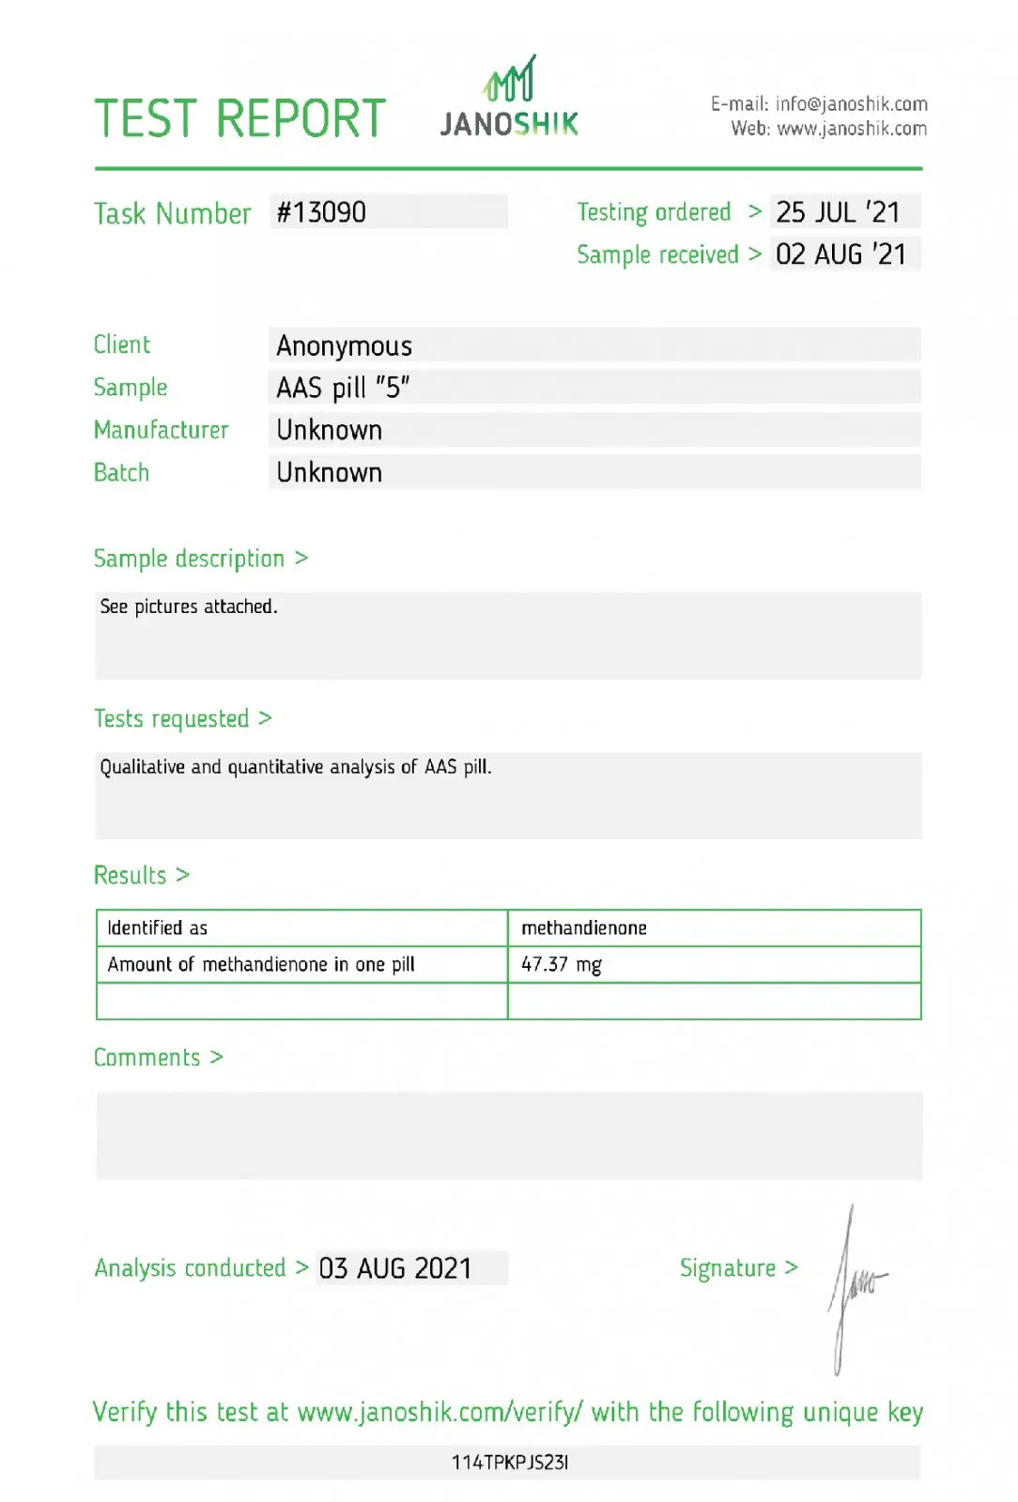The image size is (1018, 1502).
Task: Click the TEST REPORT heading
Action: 240,119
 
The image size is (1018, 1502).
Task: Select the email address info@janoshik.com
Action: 851,103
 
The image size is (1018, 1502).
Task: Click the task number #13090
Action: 321,212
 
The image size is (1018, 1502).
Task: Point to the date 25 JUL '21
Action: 838,212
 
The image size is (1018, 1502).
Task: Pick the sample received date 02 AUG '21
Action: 841,254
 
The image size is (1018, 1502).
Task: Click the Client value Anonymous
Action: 344,346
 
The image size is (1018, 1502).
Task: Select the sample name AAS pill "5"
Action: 343,388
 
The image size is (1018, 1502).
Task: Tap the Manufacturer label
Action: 161,430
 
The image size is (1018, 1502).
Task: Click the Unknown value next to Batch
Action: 329,473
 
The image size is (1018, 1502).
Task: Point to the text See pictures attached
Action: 189,606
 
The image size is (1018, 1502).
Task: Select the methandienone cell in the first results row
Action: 584,928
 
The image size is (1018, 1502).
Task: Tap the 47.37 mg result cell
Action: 562,964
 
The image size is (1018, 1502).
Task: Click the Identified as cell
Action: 158,928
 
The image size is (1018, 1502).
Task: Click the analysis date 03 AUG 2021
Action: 394,1268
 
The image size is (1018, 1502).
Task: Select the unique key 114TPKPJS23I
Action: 509,1462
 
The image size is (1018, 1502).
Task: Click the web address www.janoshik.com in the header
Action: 852,129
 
